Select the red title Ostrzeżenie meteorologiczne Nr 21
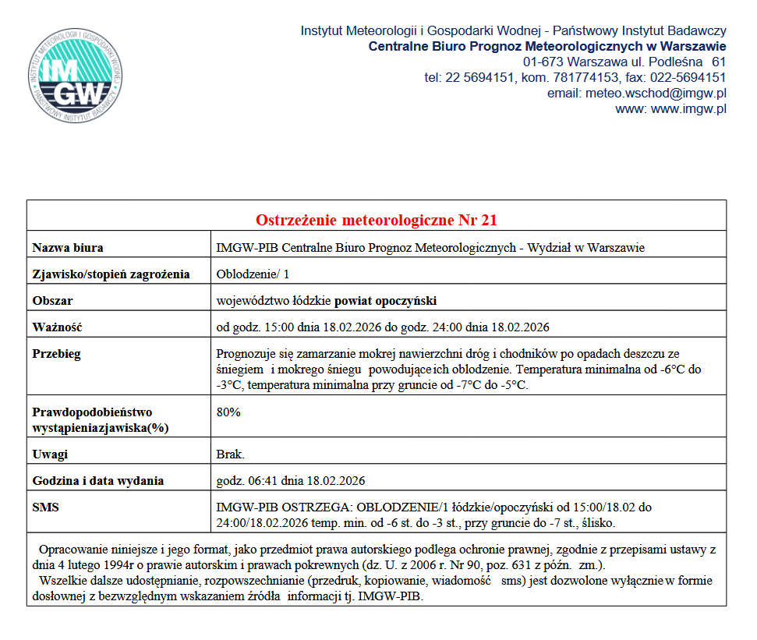point(377,220)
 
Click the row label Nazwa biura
point(68,248)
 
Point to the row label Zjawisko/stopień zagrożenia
point(111,274)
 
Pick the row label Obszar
point(52,300)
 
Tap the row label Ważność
point(57,327)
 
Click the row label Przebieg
point(56,353)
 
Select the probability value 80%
point(228,412)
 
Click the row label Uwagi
point(50,454)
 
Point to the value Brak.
point(230,454)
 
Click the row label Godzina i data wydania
point(97,480)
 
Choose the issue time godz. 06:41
point(246,480)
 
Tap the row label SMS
point(45,507)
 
